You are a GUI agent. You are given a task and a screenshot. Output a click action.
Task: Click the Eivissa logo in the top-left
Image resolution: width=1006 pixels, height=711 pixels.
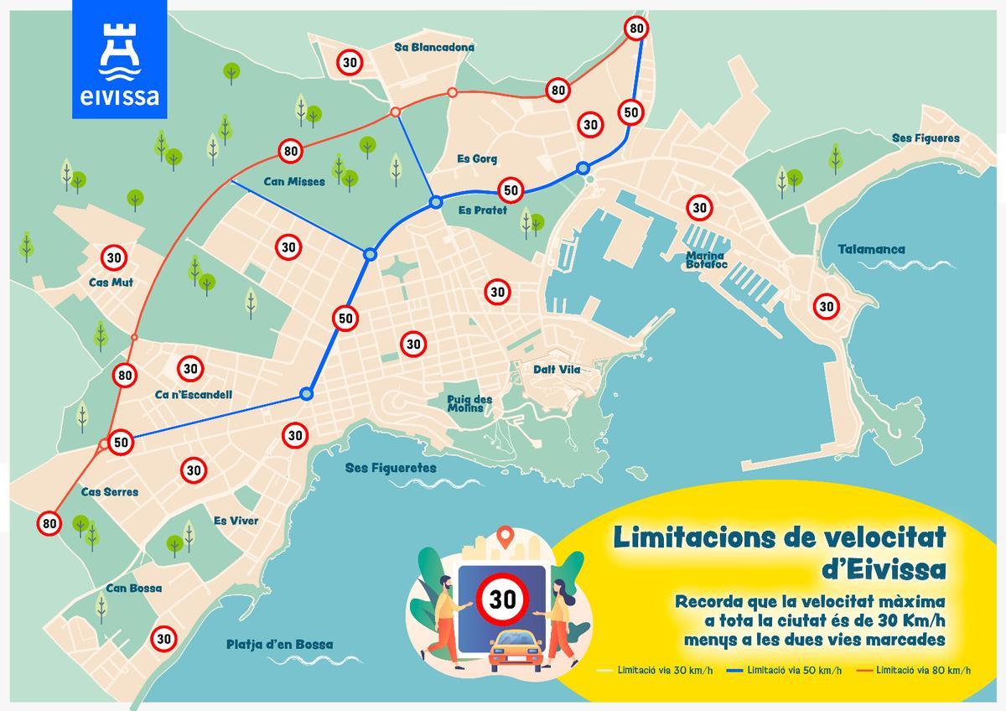click(x=120, y=59)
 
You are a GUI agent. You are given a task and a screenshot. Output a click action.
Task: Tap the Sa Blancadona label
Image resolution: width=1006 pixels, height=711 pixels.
click(x=434, y=48)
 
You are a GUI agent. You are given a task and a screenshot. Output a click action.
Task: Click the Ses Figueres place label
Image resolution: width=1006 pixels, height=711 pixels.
click(x=926, y=138)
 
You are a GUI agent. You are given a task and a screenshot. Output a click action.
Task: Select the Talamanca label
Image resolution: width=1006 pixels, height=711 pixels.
click(x=871, y=249)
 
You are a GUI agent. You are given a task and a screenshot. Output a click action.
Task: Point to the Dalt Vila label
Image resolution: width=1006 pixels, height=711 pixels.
click(x=557, y=370)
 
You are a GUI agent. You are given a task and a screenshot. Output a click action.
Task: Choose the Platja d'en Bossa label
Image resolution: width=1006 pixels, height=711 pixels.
click(x=279, y=645)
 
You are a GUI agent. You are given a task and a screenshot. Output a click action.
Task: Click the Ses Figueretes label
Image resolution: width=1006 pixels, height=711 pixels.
click(x=391, y=468)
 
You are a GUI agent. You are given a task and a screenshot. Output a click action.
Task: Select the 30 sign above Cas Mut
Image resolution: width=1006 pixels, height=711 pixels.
click(x=114, y=257)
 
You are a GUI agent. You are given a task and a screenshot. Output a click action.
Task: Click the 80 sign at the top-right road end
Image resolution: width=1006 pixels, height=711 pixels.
click(x=636, y=29)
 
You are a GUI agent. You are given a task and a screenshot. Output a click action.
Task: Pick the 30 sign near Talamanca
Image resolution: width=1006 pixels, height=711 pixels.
click(x=827, y=307)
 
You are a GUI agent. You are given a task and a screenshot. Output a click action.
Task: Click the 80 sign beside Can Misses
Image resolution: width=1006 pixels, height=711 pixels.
click(x=291, y=152)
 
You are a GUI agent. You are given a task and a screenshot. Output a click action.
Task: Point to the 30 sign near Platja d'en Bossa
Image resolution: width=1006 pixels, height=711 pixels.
click(x=164, y=639)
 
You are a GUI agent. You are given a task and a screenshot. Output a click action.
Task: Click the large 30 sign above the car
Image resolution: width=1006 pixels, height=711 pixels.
click(x=503, y=599)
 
